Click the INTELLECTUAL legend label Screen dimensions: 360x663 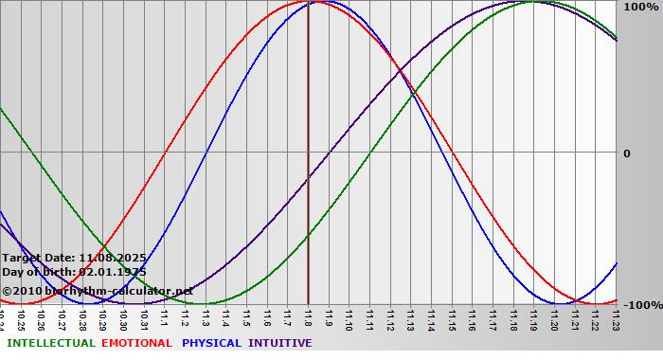pos(50,343)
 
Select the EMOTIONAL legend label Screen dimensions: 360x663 pos(136,343)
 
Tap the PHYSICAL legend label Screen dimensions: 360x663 pos(212,343)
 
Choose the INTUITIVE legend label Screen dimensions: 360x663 pos(280,343)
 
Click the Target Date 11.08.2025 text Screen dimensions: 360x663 pos(74,257)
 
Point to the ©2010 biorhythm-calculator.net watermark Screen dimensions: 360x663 pos(98,291)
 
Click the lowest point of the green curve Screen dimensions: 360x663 pos(203,304)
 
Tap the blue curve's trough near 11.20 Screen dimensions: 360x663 pos(556,304)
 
